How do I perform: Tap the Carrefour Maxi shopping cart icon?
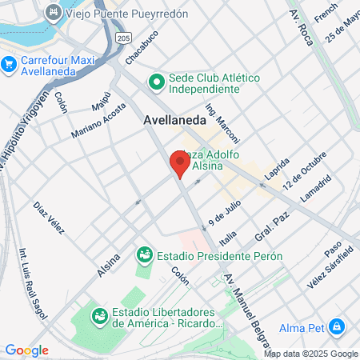(9, 63)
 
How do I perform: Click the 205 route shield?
(122, 38)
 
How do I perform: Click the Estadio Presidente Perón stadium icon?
(145, 256)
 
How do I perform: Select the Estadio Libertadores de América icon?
(100, 317)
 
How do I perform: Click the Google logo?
(26, 350)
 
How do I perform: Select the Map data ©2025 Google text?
(311, 354)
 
